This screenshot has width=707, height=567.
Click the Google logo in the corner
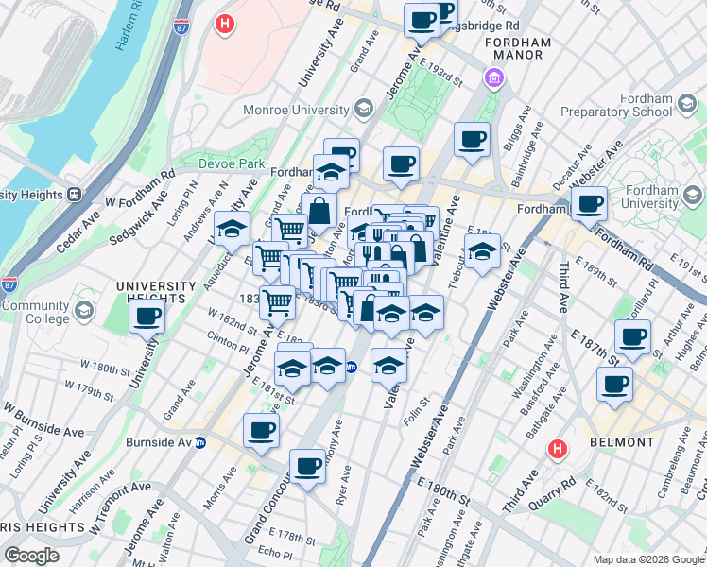(31, 556)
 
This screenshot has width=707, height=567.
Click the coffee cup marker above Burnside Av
(262, 430)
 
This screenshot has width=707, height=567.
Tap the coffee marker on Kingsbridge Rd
(422, 19)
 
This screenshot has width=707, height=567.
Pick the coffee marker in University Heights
(147, 318)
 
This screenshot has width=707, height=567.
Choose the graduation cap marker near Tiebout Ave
(481, 252)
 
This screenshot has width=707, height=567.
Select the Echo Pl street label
(275, 553)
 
